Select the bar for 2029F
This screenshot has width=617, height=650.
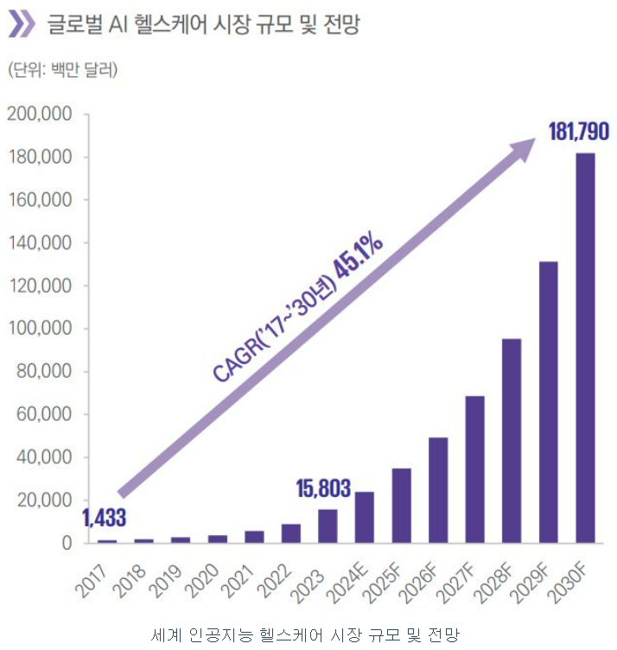tap(549, 402)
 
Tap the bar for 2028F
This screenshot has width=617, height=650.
tap(512, 441)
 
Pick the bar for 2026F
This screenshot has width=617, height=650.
tap(438, 490)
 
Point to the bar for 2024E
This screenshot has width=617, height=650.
tap(365, 517)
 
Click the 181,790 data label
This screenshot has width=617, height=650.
tap(579, 132)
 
